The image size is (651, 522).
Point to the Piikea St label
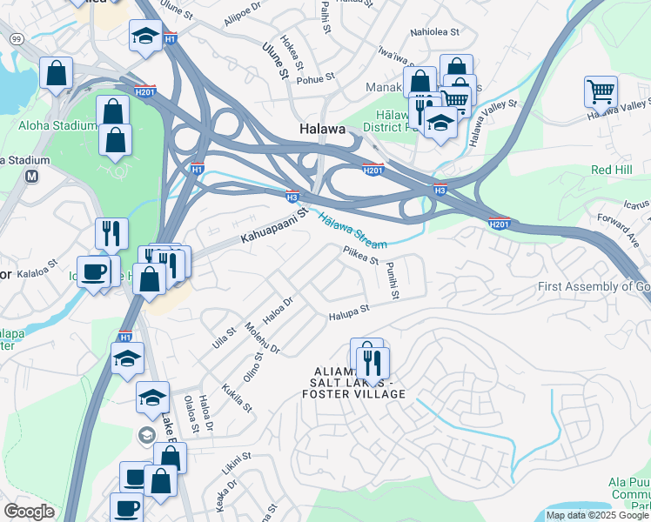[362, 254]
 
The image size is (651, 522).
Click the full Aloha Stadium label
[57, 126]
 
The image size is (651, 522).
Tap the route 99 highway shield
[17, 39]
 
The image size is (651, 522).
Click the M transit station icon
[32, 177]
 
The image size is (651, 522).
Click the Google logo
[29, 511]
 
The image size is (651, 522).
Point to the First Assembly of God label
[594, 287]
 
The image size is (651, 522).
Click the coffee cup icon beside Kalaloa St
[93, 271]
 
